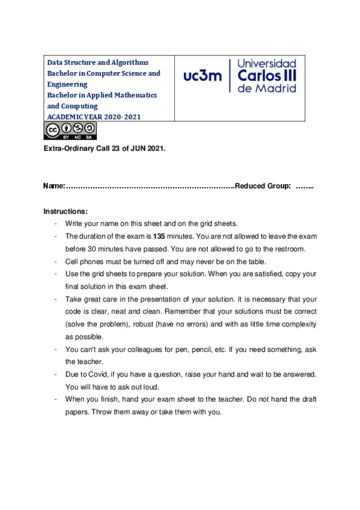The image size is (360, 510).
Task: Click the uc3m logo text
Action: pos(203,76)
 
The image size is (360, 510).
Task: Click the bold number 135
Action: pos(159,236)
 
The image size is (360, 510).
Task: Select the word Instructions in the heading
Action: pos(66,212)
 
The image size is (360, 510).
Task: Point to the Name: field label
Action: pos(54,187)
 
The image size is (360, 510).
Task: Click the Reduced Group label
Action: pos(263,187)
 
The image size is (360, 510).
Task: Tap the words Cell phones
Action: pos(84,262)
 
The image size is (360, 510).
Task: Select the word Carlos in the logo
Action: pos(260,75)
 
